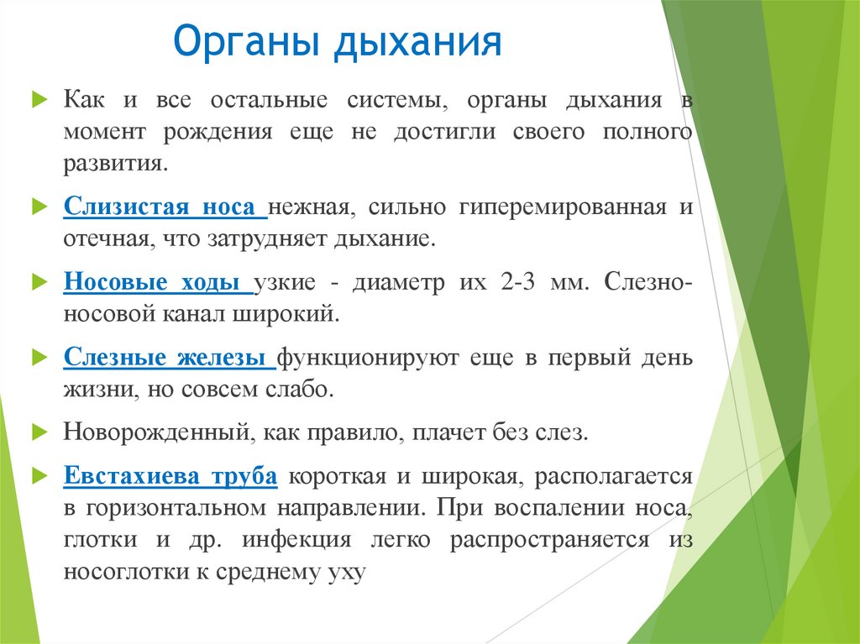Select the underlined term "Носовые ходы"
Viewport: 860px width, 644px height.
click(x=156, y=282)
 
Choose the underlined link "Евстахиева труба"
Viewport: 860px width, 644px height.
click(x=170, y=477)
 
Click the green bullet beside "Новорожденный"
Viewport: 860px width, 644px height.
click(x=37, y=433)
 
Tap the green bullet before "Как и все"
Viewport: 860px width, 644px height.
click(x=37, y=100)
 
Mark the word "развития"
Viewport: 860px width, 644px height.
click(x=116, y=163)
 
